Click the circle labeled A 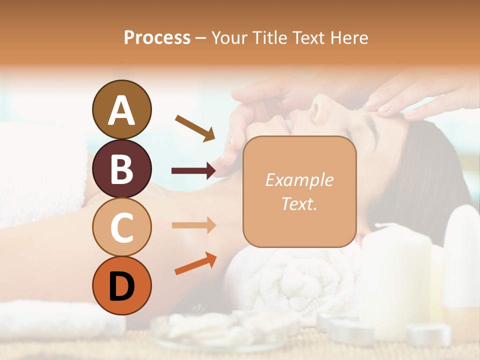[121, 109]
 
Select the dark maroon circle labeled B [121, 168]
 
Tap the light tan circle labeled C [121, 227]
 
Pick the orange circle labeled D [121, 285]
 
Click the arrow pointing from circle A [195, 127]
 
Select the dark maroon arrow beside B [193, 171]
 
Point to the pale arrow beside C [193, 225]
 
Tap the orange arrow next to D [195, 263]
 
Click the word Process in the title [157, 37]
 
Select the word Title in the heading [270, 37]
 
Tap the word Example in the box [299, 180]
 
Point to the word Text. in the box [299, 203]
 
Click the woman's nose [320, 102]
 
